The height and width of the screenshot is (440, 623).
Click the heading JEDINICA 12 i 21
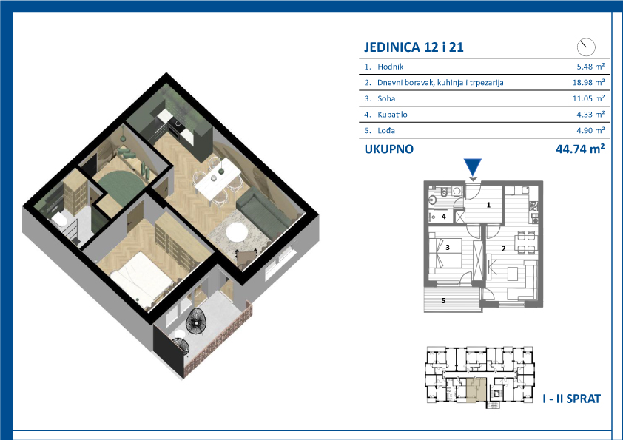click(414, 47)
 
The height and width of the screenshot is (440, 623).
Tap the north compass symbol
click(586, 47)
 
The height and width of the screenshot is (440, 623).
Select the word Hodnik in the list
click(390, 67)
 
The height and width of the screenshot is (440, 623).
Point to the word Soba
click(386, 98)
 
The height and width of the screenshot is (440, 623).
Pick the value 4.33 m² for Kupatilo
click(590, 115)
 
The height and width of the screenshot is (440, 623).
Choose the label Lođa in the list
click(385, 130)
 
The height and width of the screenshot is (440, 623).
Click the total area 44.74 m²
click(580, 149)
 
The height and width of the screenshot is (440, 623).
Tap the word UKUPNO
click(389, 149)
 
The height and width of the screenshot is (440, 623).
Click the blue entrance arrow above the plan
click(472, 167)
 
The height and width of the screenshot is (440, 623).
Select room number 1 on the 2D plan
click(488, 205)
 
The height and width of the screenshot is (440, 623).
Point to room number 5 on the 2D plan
click(443, 301)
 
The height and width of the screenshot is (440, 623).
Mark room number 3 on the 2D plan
click(448, 248)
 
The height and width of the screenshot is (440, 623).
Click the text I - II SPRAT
click(571, 399)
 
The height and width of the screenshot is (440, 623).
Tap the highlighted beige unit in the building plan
click(476, 389)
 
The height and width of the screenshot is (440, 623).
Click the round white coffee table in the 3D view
click(235, 231)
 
